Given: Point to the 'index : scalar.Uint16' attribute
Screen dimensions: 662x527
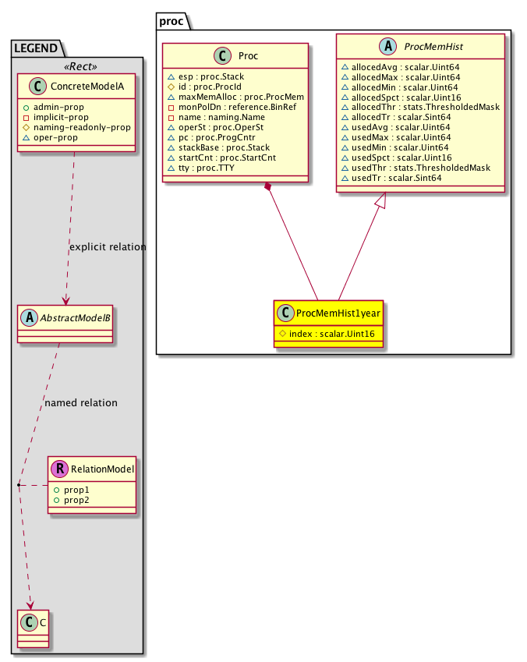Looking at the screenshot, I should pos(332,335).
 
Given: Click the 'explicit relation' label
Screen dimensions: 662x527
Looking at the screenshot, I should pos(108,247).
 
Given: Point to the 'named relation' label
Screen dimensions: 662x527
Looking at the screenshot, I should pos(81,403).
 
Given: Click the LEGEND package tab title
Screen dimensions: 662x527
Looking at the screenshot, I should pos(35,48).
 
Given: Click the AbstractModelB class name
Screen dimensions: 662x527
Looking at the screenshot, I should pos(72,317).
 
